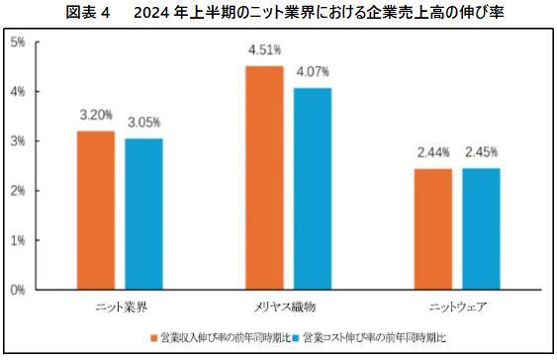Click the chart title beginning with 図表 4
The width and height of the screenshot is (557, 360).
coord(278,12)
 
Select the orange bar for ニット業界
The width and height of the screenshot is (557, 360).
coord(95,211)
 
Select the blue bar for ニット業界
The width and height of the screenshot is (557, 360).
coord(144,215)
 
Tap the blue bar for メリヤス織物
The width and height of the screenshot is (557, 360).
coord(312,189)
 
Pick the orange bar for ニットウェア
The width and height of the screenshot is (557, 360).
coord(431,229)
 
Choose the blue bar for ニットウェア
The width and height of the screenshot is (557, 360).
coord(480,229)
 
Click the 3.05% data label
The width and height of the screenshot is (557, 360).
coord(144,123)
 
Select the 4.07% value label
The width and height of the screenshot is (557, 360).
coord(312,72)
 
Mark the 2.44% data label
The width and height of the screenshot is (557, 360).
coord(432,152)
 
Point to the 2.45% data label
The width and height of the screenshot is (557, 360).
coord(481,152)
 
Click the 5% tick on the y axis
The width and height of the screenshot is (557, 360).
coord(19,43)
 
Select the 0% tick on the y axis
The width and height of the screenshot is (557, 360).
coord(19,290)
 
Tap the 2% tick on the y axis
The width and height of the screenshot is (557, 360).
coord(19,191)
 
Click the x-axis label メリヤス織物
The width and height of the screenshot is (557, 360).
coord(287,307)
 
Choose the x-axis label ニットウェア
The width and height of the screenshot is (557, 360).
coord(456,307)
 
